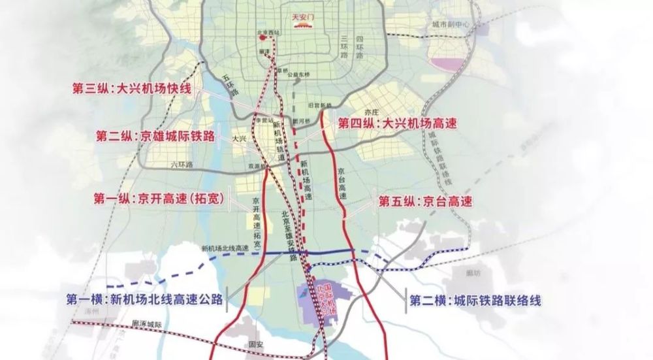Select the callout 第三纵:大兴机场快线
[132, 88]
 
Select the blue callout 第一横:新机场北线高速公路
[144, 300]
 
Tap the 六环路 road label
[182, 165]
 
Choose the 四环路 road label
[358, 49]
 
